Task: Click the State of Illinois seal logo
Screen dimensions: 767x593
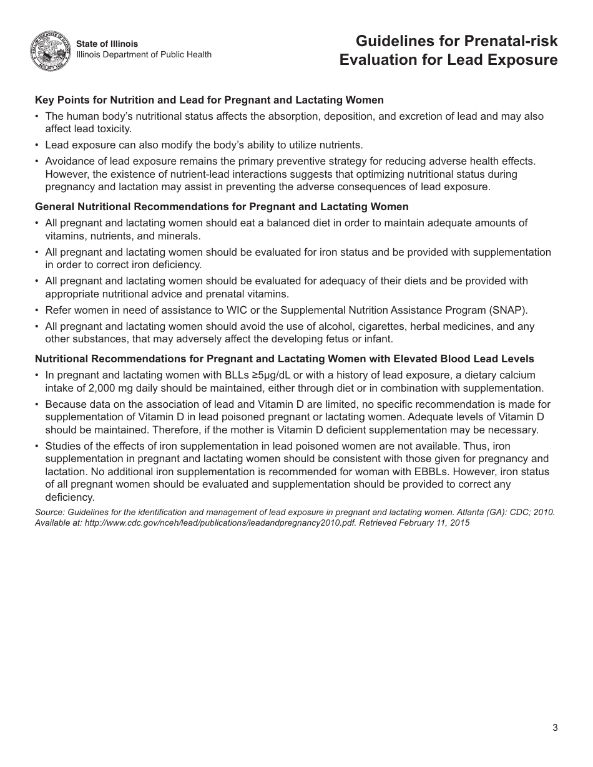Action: (x=51, y=51)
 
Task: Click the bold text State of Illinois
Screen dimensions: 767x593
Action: (x=107, y=44)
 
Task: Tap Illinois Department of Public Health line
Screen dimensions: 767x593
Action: (x=144, y=55)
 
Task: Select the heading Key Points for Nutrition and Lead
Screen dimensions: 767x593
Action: (x=209, y=100)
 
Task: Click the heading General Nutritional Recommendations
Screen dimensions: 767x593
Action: (x=222, y=206)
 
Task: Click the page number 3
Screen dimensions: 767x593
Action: (x=555, y=727)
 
